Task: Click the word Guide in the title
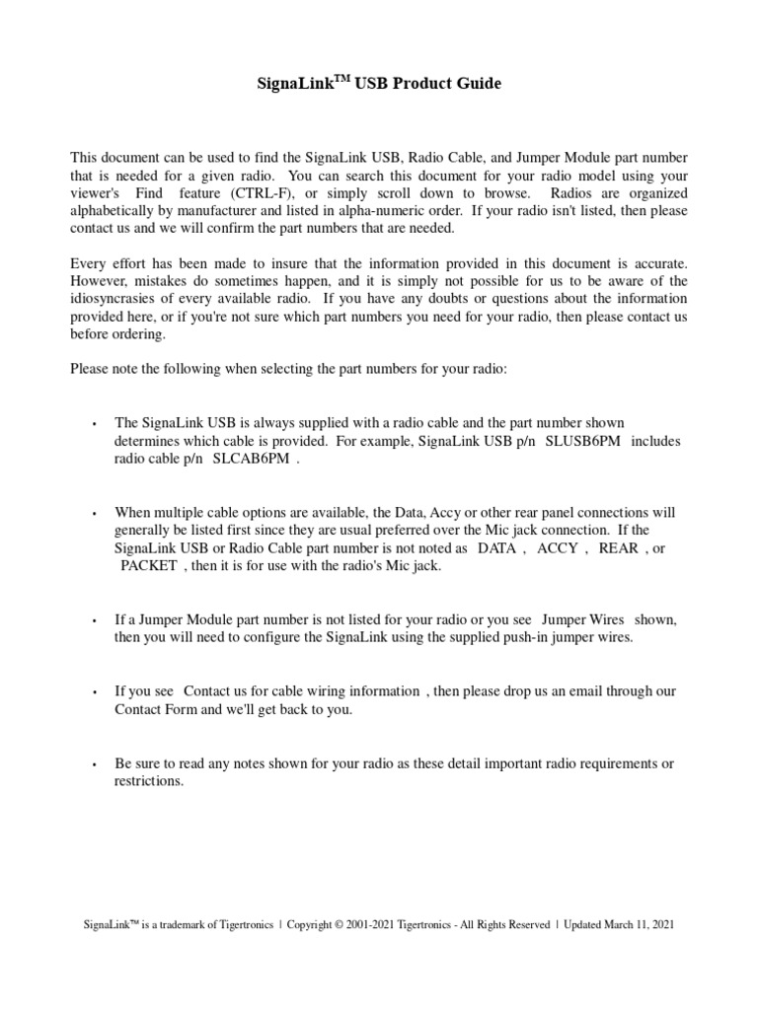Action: coord(479,84)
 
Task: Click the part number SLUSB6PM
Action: coord(583,441)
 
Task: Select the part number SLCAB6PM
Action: coord(253,459)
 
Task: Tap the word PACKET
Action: coord(149,566)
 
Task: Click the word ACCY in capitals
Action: coord(558,548)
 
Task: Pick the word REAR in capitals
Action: coord(619,548)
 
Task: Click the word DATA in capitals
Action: coord(496,548)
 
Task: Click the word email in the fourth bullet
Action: coord(546,691)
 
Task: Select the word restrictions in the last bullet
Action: coord(148,781)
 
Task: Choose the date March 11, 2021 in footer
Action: coord(642,925)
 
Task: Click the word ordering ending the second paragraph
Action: coord(141,334)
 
